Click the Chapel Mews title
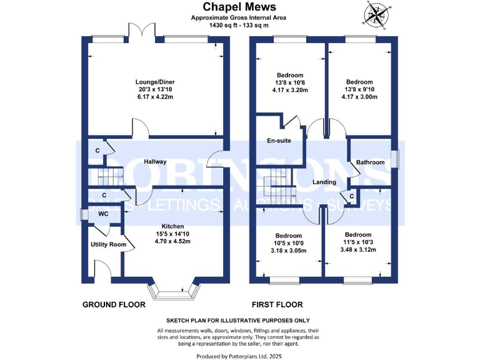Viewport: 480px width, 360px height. [239, 7]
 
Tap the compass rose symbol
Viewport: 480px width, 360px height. [377, 14]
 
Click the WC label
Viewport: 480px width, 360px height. [103, 214]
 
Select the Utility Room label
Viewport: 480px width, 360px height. [108, 244]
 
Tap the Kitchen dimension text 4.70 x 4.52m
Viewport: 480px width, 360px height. [172, 242]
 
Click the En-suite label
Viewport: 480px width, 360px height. [279, 141]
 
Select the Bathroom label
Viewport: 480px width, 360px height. [370, 162]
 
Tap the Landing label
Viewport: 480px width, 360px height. [324, 182]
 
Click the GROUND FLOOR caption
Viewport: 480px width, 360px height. [114, 305]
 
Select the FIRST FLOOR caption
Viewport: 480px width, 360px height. [277, 305]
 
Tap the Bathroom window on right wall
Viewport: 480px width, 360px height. [396, 159]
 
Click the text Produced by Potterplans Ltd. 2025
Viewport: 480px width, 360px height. [239, 356]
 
